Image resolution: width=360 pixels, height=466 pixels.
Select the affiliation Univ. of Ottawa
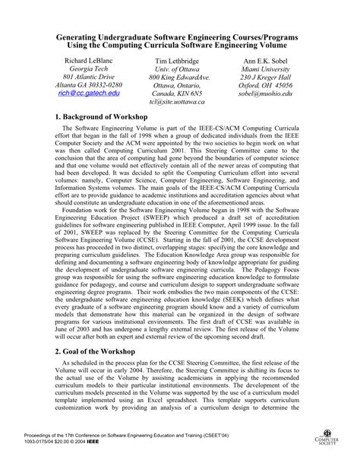179,70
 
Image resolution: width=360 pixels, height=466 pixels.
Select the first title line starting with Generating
179,35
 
